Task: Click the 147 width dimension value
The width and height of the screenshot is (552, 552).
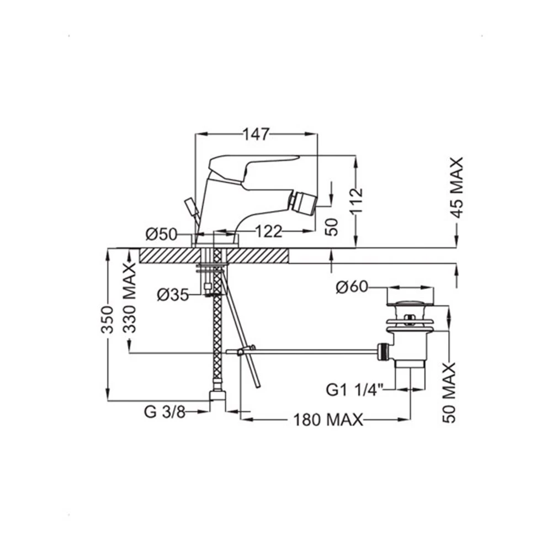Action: pos(256,134)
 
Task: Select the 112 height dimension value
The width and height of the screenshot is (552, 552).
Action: pos(357,201)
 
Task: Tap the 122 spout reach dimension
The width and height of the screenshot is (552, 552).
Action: pos(269,231)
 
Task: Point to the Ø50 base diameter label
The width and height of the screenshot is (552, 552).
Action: pos(162,233)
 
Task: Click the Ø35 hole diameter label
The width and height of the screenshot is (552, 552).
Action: pos(173,295)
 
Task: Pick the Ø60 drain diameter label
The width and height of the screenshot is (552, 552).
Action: pos(352,287)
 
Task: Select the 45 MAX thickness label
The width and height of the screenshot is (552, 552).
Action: pos(457,188)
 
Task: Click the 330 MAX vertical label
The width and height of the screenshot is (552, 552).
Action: pos(130,298)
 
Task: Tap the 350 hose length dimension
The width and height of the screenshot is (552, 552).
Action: pos(107,320)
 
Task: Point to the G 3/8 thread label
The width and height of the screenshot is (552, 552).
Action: pos(164,412)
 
